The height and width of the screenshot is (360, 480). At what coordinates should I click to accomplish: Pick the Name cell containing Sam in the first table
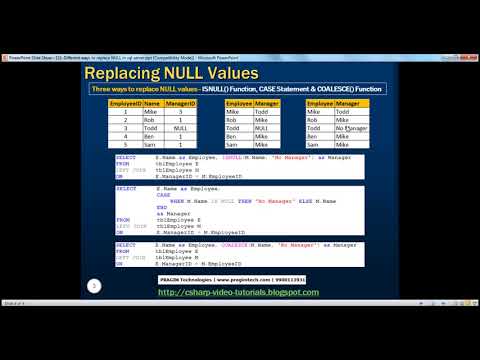151,145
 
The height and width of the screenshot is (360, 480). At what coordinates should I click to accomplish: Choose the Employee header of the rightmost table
320,102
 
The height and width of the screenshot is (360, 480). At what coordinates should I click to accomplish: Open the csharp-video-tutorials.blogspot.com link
240,292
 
